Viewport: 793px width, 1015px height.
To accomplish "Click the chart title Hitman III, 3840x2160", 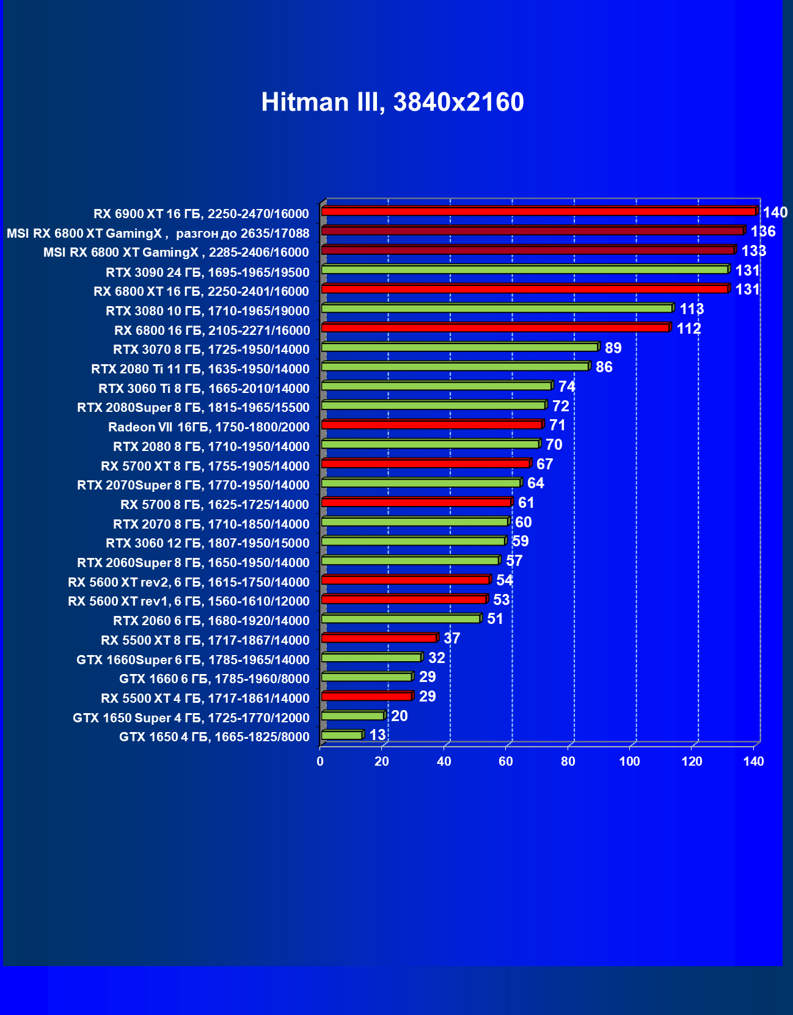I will tap(392, 102).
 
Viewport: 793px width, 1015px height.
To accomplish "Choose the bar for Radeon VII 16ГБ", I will tap(431, 425).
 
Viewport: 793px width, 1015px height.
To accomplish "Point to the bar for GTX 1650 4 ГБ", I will tap(342, 735).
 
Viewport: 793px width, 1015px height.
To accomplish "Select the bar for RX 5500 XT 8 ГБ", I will tap(379, 638).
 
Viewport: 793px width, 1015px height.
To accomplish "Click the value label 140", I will tap(775, 213).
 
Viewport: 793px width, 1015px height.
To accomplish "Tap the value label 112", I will tap(689, 329).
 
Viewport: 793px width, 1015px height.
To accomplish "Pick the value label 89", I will tap(613, 348).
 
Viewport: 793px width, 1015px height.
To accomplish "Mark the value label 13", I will tap(378, 735).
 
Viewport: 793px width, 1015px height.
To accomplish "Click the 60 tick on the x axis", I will tap(506, 761).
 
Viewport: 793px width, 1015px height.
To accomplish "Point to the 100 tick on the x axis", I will tap(630, 761).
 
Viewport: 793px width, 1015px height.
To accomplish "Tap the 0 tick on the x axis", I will tap(320, 761).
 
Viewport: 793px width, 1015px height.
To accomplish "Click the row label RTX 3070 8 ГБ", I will tap(211, 350).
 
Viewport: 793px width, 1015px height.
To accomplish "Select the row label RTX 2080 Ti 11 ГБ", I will tap(200, 369).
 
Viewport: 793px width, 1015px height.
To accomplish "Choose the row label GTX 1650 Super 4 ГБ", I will tap(191, 718).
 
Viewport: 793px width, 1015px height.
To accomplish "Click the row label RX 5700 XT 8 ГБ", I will tap(205, 466).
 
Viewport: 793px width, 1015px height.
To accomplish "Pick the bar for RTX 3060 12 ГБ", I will tap(413, 541).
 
